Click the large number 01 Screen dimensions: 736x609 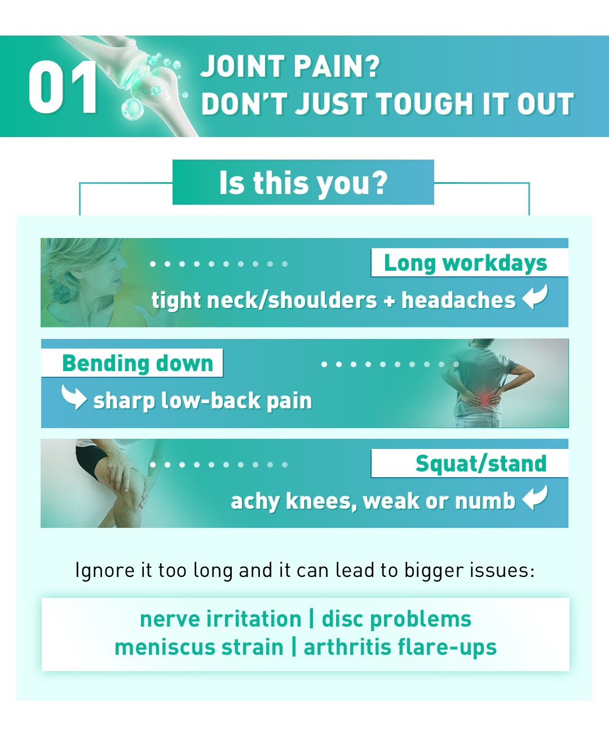pos(63,87)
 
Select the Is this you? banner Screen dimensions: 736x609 pos(303,183)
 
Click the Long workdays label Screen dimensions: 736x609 pos(465,263)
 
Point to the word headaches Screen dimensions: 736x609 pos(458,300)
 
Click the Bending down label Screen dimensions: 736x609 pos(138,363)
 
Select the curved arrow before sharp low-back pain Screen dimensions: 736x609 pos(73,397)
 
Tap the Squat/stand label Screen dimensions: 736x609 pos(480,464)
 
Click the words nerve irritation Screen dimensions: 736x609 pos(220,619)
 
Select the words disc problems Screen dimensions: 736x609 pos(396,619)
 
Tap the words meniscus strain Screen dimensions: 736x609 pos(198,647)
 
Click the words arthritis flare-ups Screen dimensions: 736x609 pos(400,647)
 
